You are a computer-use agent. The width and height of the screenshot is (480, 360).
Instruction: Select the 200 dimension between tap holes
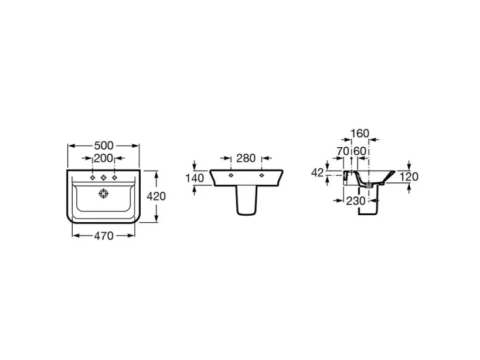coord(104,158)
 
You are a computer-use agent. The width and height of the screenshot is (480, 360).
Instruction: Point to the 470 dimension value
coord(104,236)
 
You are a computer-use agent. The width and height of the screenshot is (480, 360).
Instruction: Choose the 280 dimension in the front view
coord(245,158)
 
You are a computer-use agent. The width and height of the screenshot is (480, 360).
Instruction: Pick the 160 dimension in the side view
coord(360,134)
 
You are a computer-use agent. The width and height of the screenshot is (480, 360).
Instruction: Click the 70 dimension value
coord(343,151)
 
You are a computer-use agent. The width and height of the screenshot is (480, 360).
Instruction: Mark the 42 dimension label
coord(318,172)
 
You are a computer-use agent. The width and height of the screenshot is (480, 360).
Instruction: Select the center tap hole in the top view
coord(104,177)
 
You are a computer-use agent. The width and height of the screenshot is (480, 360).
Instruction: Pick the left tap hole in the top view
coord(93,177)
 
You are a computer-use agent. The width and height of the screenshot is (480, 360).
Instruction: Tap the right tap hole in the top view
coord(115,177)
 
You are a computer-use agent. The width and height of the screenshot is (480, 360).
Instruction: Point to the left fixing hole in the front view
coord(230,175)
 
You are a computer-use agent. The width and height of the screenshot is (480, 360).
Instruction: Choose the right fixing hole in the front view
coord(261,175)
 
